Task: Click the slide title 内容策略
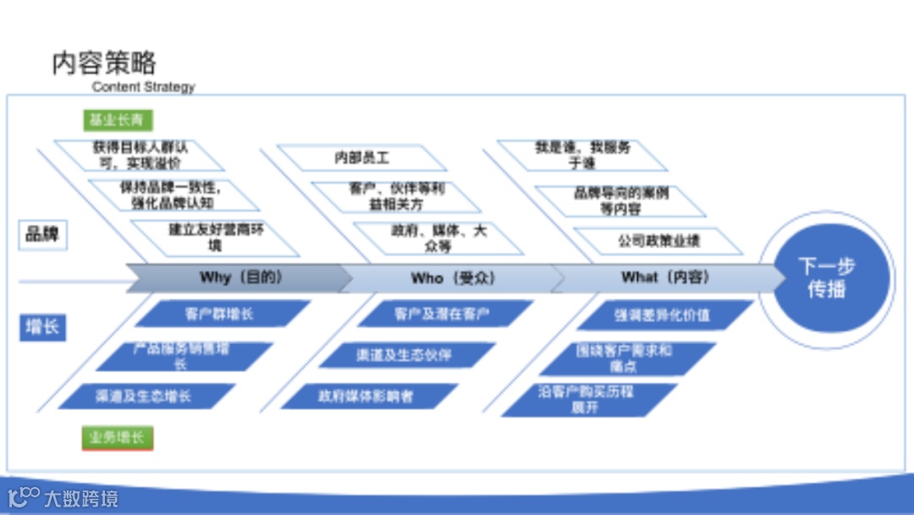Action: pos(104,64)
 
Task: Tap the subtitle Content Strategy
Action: pos(143,86)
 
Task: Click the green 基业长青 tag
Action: pos(117,120)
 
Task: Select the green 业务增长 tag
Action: pos(117,438)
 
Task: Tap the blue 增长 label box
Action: pos(42,326)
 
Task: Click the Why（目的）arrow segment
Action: pos(240,277)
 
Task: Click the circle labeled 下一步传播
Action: pos(826,279)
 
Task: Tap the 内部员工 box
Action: pos(361,158)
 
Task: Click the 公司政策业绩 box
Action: pos(658,241)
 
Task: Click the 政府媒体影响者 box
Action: pos(366,396)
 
